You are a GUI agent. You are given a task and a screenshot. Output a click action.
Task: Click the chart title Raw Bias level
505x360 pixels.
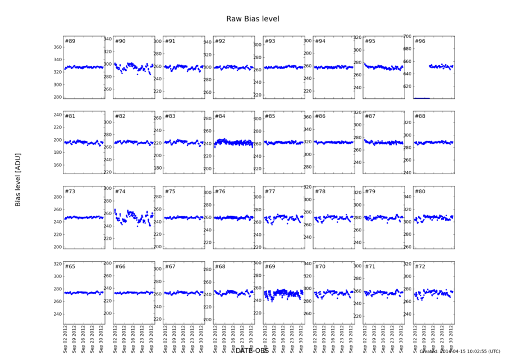(x=252, y=19)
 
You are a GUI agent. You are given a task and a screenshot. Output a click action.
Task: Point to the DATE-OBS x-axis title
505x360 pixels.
(x=252, y=350)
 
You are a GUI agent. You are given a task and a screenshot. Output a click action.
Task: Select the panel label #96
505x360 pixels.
(x=420, y=42)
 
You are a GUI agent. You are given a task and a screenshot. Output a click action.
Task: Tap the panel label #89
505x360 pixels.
(x=70, y=42)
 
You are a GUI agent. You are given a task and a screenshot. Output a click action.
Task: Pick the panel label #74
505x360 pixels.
(x=120, y=192)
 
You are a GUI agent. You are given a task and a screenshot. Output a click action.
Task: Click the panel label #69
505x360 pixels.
(x=270, y=266)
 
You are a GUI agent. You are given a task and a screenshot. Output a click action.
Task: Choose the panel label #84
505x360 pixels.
(x=220, y=117)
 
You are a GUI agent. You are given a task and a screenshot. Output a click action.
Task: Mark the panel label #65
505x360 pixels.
(x=70, y=266)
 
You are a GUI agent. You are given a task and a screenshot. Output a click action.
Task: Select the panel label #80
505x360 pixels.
(x=420, y=192)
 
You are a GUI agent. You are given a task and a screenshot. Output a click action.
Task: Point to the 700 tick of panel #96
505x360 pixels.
(x=407, y=37)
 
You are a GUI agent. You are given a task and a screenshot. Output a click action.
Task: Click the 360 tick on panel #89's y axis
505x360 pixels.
(x=57, y=47)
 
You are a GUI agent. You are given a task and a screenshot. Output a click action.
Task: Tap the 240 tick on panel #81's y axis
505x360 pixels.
(x=57, y=115)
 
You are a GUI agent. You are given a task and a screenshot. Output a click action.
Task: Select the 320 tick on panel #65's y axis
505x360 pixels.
(x=57, y=264)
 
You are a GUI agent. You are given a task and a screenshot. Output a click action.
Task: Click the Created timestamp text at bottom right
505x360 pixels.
(x=460, y=352)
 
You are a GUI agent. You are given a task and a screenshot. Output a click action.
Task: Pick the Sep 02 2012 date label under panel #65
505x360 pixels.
(x=67, y=340)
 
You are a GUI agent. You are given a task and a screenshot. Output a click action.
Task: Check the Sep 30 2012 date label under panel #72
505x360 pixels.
(x=452, y=340)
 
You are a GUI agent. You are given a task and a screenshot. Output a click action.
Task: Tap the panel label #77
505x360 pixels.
(x=270, y=192)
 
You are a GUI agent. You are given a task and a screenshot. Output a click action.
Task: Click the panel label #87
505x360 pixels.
(x=370, y=117)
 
